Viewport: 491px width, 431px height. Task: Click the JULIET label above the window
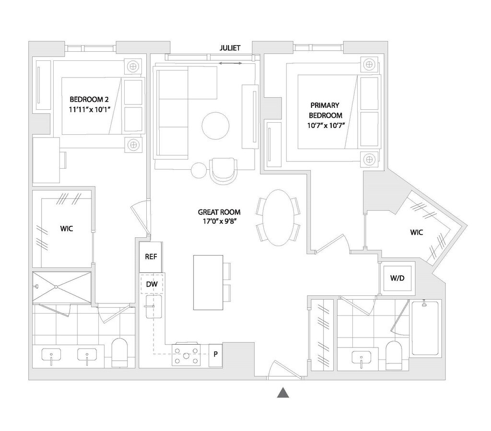click(230, 48)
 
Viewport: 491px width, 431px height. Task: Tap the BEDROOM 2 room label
click(90, 99)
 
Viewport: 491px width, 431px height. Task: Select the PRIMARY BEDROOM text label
click(325, 110)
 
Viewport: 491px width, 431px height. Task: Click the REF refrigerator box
click(151, 256)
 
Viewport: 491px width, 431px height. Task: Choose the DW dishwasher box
click(152, 284)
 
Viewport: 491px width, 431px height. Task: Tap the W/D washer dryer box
click(397, 278)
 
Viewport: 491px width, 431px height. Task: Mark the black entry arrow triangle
click(283, 393)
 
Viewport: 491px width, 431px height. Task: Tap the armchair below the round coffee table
click(223, 171)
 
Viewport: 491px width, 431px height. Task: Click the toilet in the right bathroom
click(394, 355)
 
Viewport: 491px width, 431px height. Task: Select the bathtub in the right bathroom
click(425, 328)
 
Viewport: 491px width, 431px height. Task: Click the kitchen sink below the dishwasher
click(154, 307)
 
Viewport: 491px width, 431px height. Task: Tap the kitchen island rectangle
click(208, 282)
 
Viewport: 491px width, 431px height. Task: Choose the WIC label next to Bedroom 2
click(66, 229)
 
